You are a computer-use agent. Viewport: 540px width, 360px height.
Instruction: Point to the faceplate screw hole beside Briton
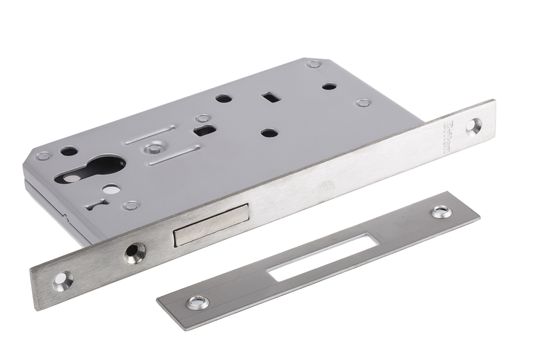pos(473,126)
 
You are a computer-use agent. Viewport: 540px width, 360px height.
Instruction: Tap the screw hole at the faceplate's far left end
pos(63,280)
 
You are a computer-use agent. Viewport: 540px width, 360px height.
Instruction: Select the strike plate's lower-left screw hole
pos(198,302)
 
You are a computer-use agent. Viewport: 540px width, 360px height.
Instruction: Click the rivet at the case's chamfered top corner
pos(314,64)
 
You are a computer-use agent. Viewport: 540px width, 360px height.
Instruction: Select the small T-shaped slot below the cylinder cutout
pos(96,204)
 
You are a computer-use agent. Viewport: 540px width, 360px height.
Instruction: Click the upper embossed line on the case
pos(149,135)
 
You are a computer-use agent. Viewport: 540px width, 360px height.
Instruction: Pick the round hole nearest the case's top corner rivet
pos(329,85)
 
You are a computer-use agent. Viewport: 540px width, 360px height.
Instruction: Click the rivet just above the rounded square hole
pos(202,118)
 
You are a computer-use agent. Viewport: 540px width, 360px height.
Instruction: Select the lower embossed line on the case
pos(174,155)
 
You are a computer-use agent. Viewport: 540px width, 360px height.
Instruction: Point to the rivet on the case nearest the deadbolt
pos(131,206)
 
